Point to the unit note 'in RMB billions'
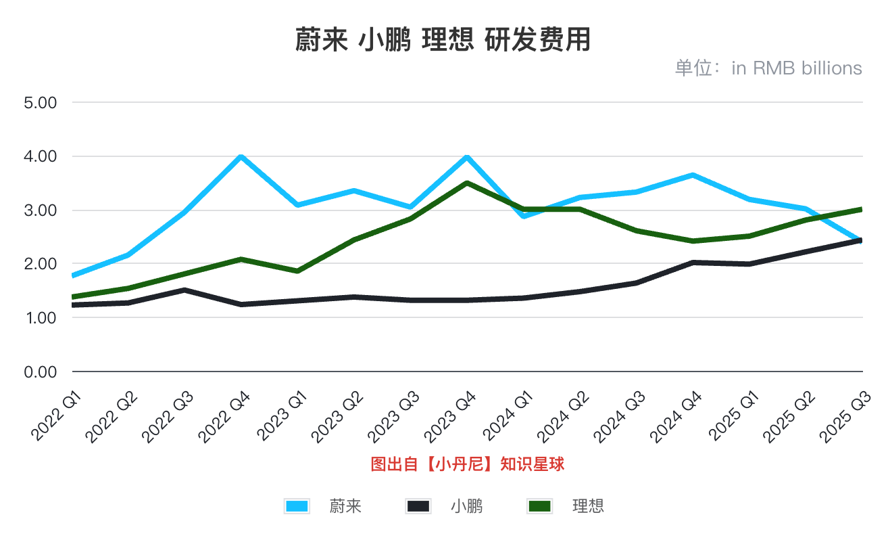tap(797, 68)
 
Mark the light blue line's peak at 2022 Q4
tap(241, 156)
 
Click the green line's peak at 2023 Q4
tap(467, 183)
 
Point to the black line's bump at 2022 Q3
tap(184, 290)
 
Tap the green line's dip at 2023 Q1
tap(297, 271)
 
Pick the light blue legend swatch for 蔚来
tap(297, 506)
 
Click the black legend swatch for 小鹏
tap(418, 506)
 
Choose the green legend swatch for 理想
tap(540, 506)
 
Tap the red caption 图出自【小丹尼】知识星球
tap(468, 464)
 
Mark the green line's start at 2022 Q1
tap(73, 297)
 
